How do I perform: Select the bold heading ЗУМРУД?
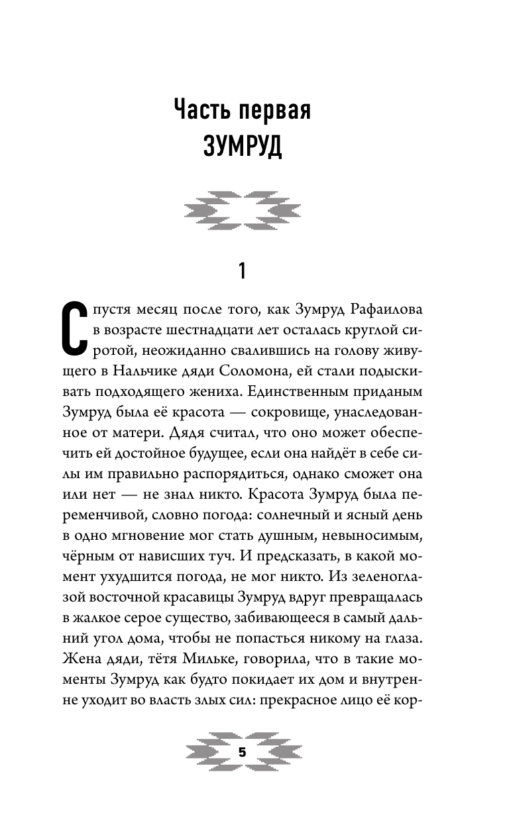[242, 147]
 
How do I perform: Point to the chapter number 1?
[242, 271]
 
